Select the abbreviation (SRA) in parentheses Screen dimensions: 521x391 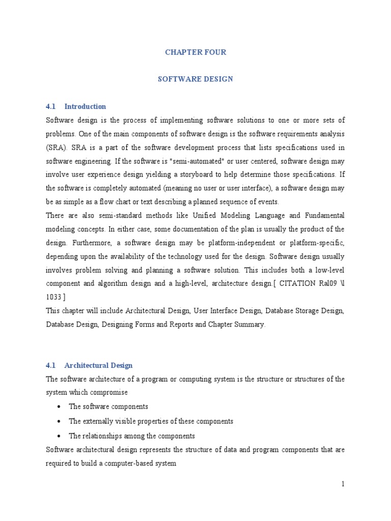[55, 148]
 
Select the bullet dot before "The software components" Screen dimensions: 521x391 [60, 407]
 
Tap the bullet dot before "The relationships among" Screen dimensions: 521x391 [60, 437]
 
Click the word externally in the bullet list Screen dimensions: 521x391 [101, 421]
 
